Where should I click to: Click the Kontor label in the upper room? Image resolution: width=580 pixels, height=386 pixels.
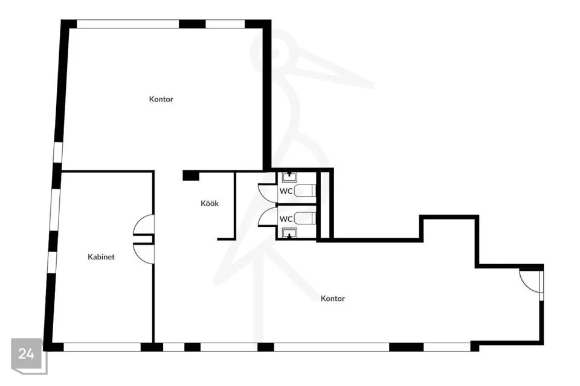pyautogui.click(x=161, y=99)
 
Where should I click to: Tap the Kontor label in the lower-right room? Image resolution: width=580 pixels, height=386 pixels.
pyautogui.click(x=332, y=299)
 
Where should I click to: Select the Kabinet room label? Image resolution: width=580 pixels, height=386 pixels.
pyautogui.click(x=101, y=257)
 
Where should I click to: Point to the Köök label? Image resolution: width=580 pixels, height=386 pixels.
pyautogui.click(x=210, y=203)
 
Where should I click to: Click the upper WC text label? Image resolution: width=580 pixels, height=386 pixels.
pyautogui.click(x=286, y=191)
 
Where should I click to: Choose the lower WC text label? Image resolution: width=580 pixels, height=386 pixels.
pyautogui.click(x=286, y=219)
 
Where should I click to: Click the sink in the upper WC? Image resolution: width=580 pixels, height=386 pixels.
pyautogui.click(x=289, y=177)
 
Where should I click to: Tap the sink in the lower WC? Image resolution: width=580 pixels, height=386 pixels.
pyautogui.click(x=289, y=233)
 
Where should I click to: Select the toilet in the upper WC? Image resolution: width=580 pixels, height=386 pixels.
pyautogui.click(x=305, y=191)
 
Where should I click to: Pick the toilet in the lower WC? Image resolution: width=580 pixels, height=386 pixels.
pyautogui.click(x=305, y=218)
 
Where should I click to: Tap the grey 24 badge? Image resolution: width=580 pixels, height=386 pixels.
pyautogui.click(x=27, y=354)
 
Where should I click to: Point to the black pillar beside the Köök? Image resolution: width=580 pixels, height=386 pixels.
pyautogui.click(x=191, y=175)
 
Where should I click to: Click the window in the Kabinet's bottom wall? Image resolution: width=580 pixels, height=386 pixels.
pyautogui.click(x=102, y=347)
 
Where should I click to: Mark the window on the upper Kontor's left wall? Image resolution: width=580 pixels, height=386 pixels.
pyautogui.click(x=58, y=152)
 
